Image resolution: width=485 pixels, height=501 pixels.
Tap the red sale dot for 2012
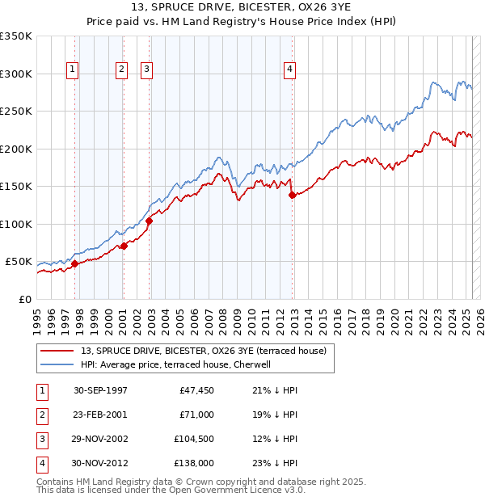pos(292,195)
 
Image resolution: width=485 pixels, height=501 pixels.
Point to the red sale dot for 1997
pos(74,263)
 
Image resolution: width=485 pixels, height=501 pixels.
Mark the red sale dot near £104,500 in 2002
pos(149,221)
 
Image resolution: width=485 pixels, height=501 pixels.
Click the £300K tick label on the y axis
pos(16,74)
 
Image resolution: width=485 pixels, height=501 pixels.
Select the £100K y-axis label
pos(16,224)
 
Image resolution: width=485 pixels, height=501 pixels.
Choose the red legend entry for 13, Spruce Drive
pos(203,351)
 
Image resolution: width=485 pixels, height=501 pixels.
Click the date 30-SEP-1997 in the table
pos(100,390)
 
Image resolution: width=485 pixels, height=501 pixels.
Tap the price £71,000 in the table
pos(196,415)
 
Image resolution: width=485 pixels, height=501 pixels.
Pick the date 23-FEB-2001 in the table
pos(100,415)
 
